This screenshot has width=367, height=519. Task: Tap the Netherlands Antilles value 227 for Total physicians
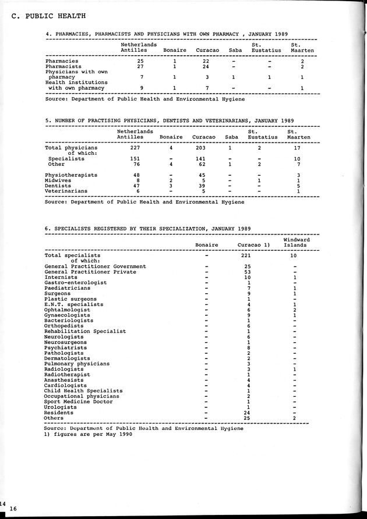tap(136, 148)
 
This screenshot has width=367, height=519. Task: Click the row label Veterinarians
tap(66, 191)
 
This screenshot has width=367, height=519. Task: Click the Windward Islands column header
tap(296, 243)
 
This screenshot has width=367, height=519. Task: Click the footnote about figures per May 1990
tap(88, 434)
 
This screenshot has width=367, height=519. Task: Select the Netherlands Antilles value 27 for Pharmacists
tap(140, 66)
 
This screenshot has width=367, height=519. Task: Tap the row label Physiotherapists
tap(71, 175)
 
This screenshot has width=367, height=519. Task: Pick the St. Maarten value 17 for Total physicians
tap(297, 148)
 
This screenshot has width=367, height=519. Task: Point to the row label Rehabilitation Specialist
tap(85, 331)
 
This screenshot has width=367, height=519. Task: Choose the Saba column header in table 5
tap(231, 137)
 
